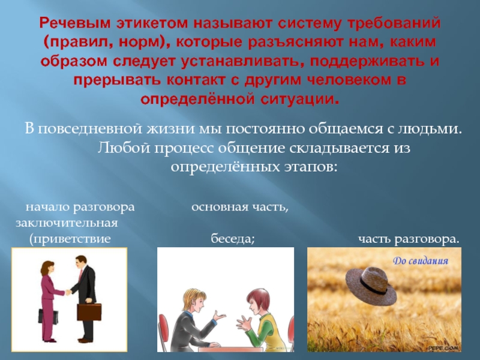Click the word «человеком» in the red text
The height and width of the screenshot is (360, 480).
[x=349, y=80]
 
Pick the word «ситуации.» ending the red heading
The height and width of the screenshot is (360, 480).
[x=300, y=99]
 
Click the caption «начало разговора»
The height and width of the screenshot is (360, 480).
[x=80, y=207]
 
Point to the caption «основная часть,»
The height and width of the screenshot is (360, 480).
[x=240, y=207]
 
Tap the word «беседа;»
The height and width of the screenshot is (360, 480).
[x=233, y=238]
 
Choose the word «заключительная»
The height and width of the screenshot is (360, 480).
[x=67, y=223]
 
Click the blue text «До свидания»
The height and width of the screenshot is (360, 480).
[x=421, y=261]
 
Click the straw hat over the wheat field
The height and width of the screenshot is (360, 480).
[x=371, y=285]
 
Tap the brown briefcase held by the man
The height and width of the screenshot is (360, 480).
[x=89, y=311]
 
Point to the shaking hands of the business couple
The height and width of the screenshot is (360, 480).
[x=68, y=292]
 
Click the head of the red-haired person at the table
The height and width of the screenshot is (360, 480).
[x=258, y=299]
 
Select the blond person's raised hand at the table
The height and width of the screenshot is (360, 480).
[x=220, y=316]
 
